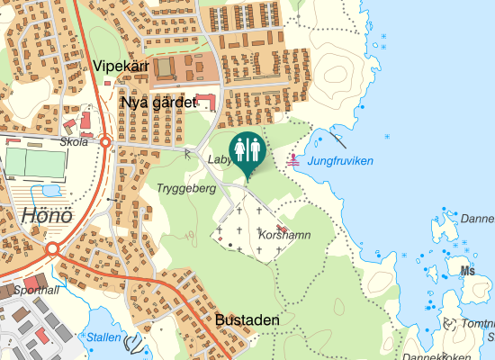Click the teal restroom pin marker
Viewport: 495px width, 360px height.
click(x=247, y=151)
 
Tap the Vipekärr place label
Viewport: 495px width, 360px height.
click(x=121, y=67)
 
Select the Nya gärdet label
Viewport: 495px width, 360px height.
click(x=157, y=103)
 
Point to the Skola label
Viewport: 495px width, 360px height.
click(x=74, y=142)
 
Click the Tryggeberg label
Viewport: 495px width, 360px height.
click(x=186, y=188)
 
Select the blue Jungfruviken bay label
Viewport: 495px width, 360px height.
click(x=340, y=160)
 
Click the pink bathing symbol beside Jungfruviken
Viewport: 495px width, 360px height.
click(x=293, y=160)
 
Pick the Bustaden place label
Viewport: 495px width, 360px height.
click(x=247, y=319)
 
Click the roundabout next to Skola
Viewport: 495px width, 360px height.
click(x=105, y=142)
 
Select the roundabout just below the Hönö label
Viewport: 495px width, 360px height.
click(x=53, y=248)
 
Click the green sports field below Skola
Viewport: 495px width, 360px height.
click(x=35, y=163)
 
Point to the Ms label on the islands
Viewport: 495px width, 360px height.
click(x=467, y=270)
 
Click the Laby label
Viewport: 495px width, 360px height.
click(x=219, y=159)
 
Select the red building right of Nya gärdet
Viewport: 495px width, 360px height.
click(x=206, y=100)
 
